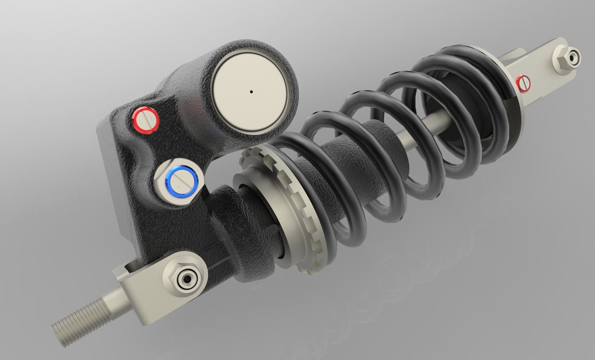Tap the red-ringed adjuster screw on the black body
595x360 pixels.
pos(147,119)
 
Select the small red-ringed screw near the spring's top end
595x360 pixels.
pos(525,82)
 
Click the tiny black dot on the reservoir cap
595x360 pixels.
pos(251,92)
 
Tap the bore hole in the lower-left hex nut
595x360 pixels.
pos(185,278)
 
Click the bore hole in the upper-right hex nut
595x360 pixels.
pos(571,58)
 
